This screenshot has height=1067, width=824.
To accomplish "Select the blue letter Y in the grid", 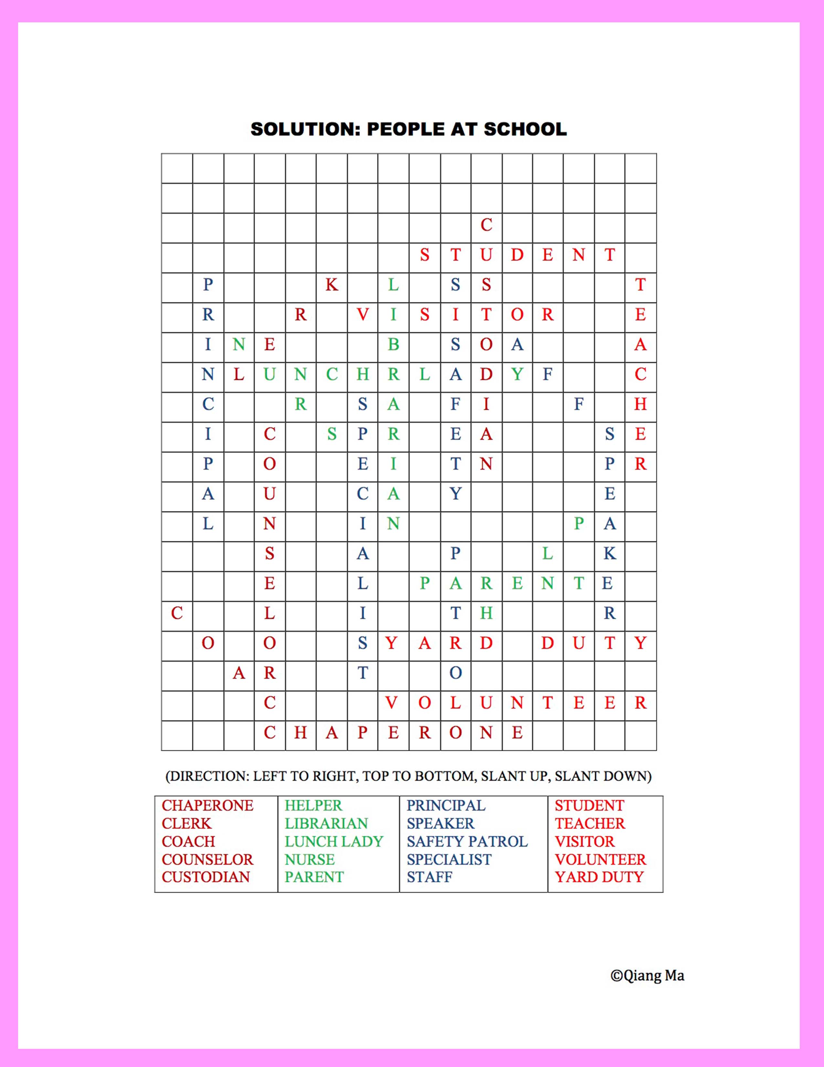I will pyautogui.click(x=455, y=494).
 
